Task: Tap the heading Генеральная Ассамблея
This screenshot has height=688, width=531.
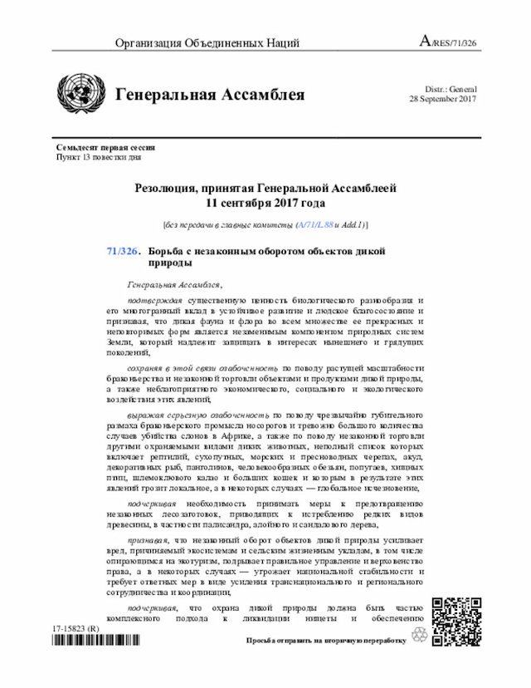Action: [x=210, y=95]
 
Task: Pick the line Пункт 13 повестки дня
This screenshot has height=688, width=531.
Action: [x=99, y=156]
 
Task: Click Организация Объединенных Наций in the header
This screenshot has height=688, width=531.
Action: [x=207, y=43]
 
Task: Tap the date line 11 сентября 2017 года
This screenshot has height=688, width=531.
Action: [x=265, y=203]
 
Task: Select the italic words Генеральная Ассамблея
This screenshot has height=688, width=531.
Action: [x=169, y=283]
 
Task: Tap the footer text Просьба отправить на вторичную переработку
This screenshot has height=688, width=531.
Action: [x=325, y=641]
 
